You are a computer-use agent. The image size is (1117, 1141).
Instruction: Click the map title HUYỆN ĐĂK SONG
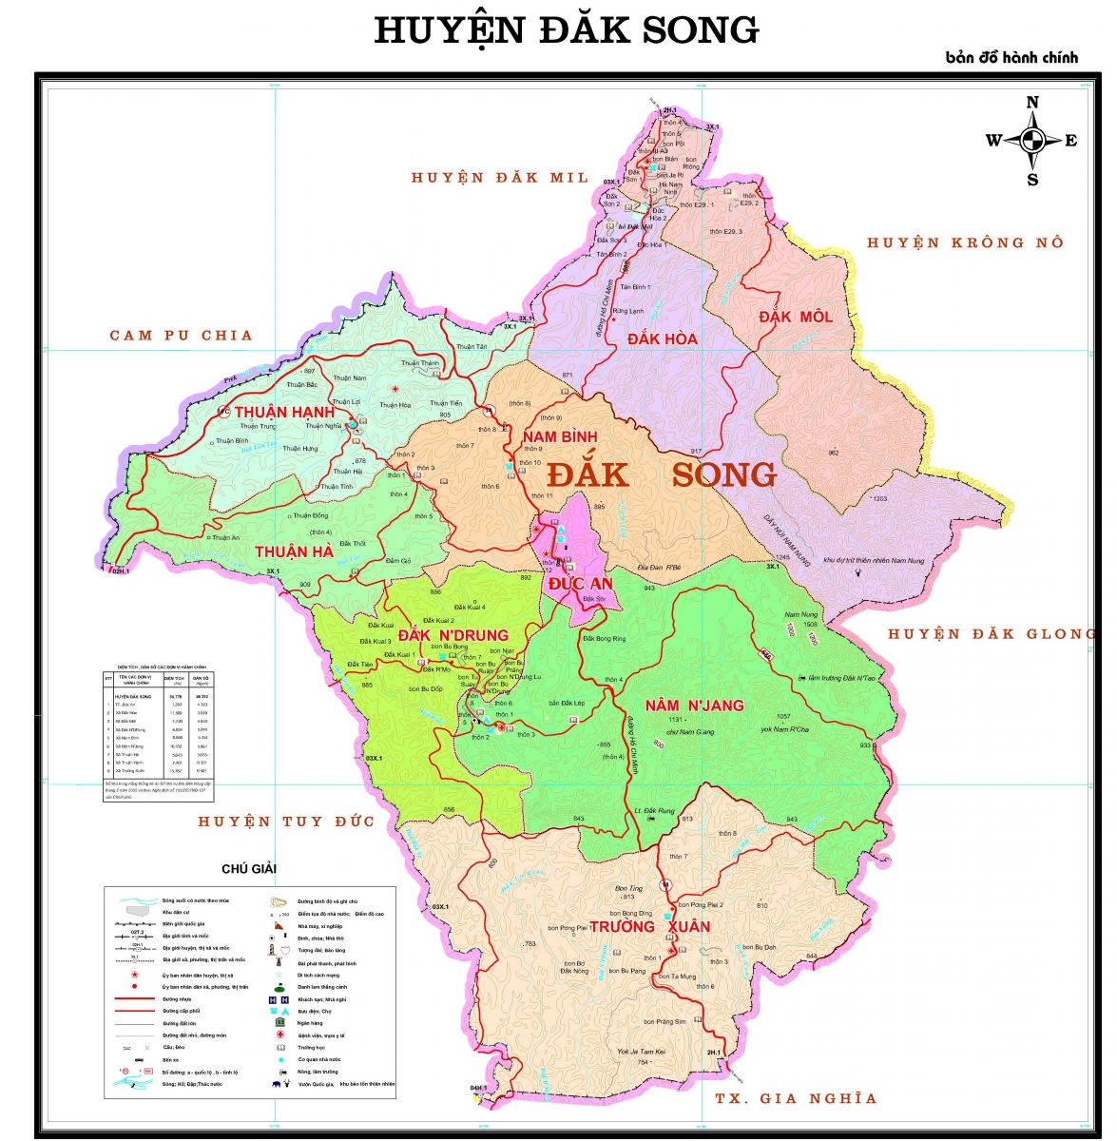567,30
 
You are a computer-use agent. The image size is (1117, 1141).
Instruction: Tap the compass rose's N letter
1032,103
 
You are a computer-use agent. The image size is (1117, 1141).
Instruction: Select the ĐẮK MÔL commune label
795,317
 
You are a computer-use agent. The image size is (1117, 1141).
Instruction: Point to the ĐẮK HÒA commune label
663,338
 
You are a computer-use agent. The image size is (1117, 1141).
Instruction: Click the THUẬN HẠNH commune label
284,412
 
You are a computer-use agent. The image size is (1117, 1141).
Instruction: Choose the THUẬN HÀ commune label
294,551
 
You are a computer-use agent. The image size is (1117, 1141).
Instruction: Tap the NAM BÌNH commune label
559,436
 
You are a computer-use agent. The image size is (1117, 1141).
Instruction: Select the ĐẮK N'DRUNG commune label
453,635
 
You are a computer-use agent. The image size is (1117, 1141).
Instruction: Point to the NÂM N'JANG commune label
694,706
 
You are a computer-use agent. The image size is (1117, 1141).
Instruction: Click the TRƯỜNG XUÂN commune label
649,926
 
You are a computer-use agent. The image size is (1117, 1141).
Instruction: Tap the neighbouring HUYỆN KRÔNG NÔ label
965,242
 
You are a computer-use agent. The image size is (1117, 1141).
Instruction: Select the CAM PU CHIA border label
182,335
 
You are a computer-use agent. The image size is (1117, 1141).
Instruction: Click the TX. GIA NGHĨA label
796,1098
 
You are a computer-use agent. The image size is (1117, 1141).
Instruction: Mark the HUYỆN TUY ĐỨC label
286,821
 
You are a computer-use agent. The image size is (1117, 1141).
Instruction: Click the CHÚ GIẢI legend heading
248,868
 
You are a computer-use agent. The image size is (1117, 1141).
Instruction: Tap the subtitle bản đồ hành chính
1011,57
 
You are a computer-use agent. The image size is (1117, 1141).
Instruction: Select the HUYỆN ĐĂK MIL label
500,177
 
